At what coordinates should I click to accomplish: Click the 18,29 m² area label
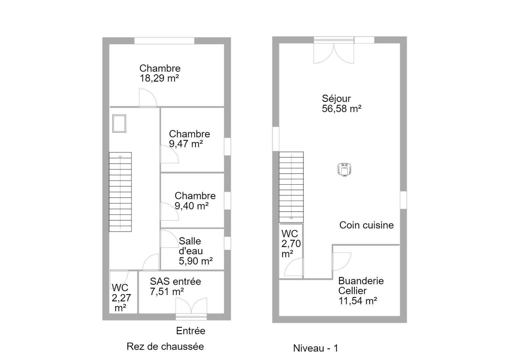(159, 78)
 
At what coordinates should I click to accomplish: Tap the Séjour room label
(336, 99)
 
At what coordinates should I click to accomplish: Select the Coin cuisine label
(367, 225)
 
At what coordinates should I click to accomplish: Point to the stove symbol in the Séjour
(345, 169)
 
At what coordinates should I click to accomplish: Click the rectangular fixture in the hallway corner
(119, 123)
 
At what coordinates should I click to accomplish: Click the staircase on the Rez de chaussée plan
(120, 192)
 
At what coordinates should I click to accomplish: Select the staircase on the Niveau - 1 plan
(291, 187)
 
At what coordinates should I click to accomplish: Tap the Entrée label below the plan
(191, 331)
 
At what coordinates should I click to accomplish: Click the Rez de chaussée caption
(165, 347)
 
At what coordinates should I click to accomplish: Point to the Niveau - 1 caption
(316, 348)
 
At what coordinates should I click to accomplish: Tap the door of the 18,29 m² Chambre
(148, 98)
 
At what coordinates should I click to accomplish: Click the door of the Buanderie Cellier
(341, 261)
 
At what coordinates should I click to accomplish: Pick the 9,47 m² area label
(186, 144)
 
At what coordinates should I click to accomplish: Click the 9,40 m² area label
(191, 206)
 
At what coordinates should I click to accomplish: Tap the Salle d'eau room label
(191, 246)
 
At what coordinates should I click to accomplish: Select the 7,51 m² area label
(167, 291)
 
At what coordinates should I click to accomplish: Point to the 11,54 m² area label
(358, 301)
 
